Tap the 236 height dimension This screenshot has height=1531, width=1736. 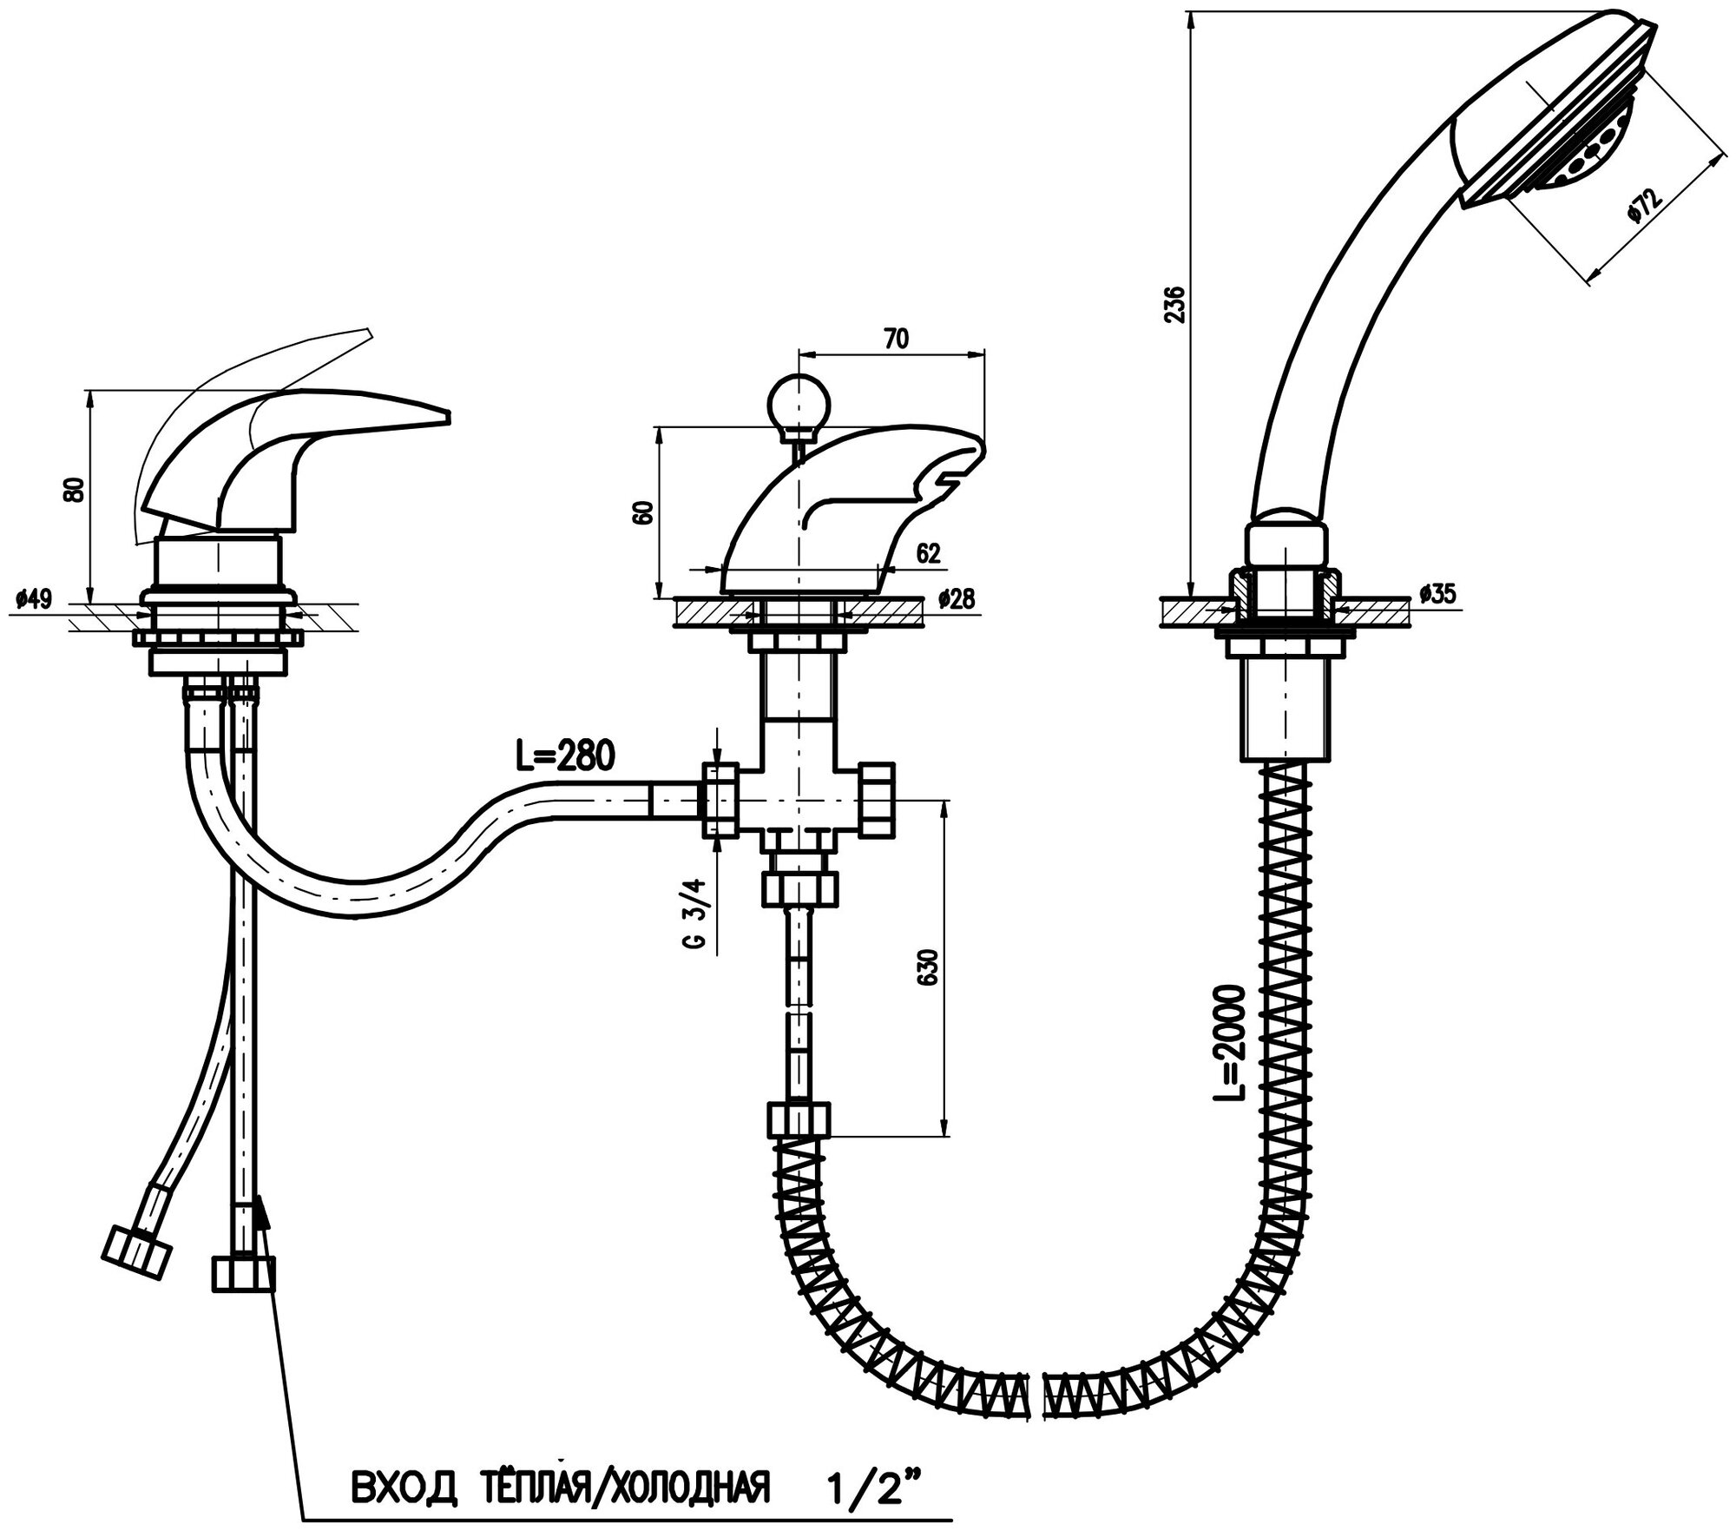click(x=1174, y=304)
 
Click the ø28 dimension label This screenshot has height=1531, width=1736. click(x=957, y=598)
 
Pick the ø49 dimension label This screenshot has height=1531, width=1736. click(x=34, y=598)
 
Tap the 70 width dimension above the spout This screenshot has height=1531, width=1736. click(x=897, y=339)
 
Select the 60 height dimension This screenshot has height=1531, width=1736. click(x=643, y=512)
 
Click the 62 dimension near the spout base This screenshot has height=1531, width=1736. click(x=928, y=553)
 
